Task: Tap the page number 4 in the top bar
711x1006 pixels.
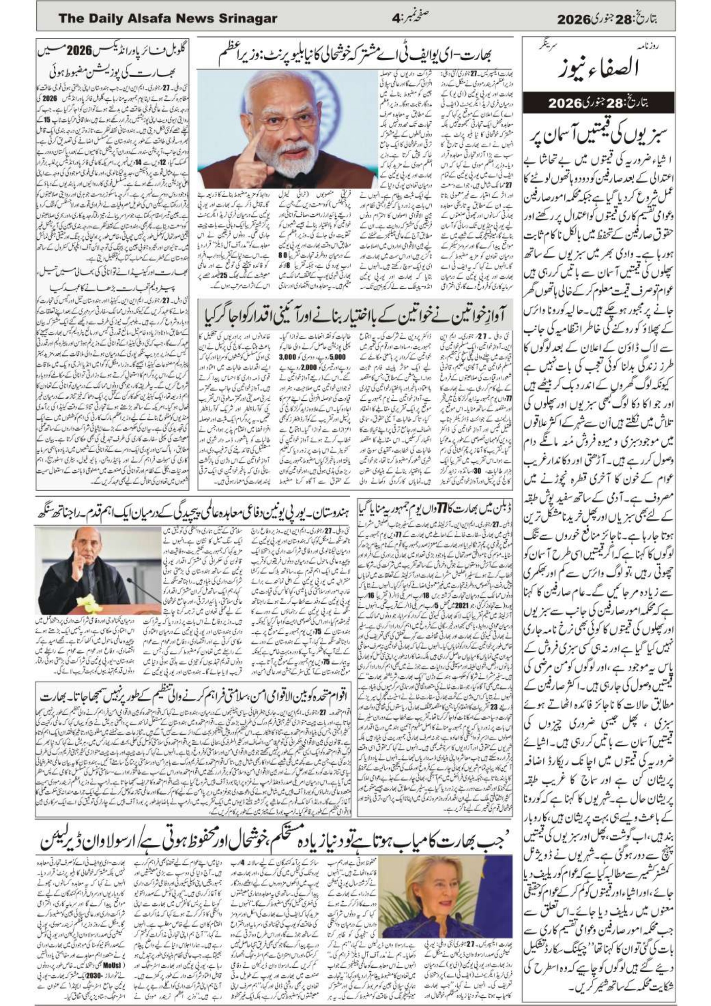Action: (396, 18)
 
